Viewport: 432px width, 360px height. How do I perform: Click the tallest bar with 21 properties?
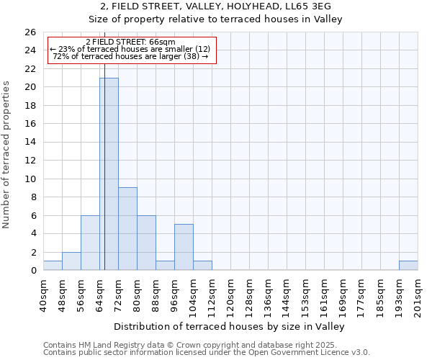[109, 174]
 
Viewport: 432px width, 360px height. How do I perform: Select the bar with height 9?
[127, 228]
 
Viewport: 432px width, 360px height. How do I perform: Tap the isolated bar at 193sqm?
[408, 265]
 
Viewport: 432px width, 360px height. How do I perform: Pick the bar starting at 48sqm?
[71, 261]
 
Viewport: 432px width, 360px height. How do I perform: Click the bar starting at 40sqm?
[53, 265]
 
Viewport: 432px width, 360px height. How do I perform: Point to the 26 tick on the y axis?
[31, 32]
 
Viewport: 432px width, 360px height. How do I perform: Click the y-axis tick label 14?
[31, 143]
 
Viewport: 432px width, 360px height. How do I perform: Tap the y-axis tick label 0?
[33, 271]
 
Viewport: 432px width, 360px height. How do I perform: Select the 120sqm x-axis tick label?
[230, 294]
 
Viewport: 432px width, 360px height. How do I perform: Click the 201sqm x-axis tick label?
[418, 294]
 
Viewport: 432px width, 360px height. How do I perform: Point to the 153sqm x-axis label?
[305, 294]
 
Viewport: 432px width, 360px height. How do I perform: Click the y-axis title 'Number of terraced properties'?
[7, 155]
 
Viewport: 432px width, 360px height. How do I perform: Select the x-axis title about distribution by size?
[230, 326]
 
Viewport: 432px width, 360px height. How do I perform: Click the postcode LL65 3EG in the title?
[309, 6]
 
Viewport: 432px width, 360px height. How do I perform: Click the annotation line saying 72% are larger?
[130, 56]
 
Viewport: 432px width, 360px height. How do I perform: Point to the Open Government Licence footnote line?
[207, 352]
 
